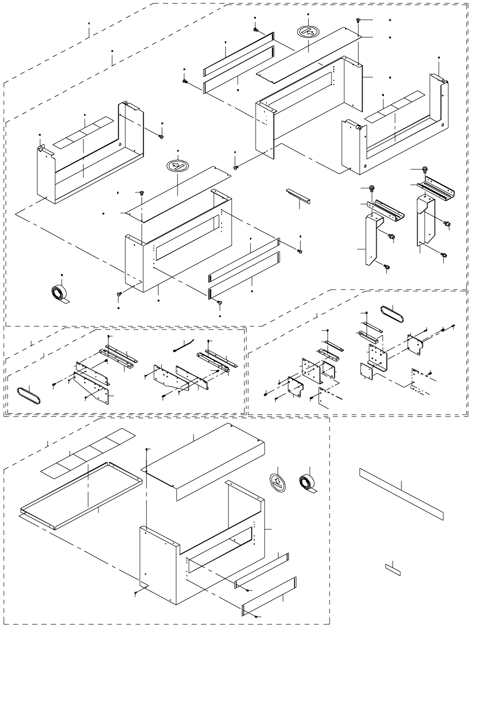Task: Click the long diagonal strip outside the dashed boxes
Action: [401, 494]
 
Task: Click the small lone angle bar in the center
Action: [298, 196]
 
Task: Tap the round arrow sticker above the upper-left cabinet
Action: [177, 166]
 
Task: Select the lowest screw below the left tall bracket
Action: [387, 267]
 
